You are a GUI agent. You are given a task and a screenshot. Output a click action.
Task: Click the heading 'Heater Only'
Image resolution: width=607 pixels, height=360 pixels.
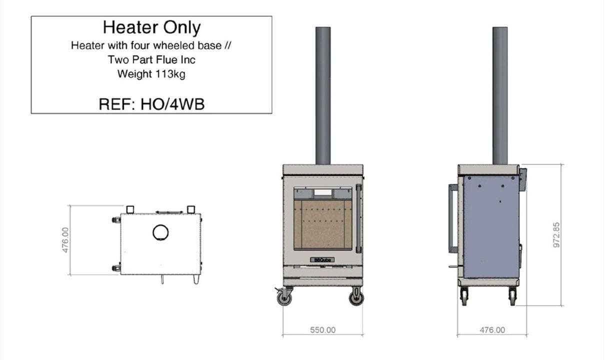[x=151, y=27]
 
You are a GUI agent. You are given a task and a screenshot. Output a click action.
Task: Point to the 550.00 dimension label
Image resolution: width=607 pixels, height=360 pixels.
[x=323, y=330]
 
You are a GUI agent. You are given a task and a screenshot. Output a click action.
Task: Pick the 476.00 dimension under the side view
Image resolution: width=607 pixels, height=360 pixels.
[x=492, y=330]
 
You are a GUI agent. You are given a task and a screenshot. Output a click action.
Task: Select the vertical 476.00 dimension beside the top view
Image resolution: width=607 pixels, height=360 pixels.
[x=65, y=240]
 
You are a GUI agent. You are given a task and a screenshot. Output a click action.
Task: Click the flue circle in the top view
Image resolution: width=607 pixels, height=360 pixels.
[x=160, y=231]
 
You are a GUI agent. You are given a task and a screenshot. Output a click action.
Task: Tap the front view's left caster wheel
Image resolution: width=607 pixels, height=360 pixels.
[x=285, y=297]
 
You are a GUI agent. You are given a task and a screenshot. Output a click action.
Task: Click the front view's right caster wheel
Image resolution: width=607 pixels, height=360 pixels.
[x=356, y=297]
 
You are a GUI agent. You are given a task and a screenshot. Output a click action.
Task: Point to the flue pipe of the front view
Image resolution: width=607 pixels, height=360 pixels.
[x=323, y=95]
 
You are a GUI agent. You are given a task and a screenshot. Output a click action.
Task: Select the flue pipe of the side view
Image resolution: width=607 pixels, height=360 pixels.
[x=500, y=95]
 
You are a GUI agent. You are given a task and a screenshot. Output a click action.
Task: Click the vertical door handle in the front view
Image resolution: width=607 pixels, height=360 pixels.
[x=358, y=219]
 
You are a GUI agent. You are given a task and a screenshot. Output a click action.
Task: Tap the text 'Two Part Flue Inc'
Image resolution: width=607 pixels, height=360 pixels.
[x=151, y=60]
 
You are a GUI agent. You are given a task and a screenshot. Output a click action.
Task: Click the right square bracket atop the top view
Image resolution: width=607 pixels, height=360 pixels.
[x=191, y=209]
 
